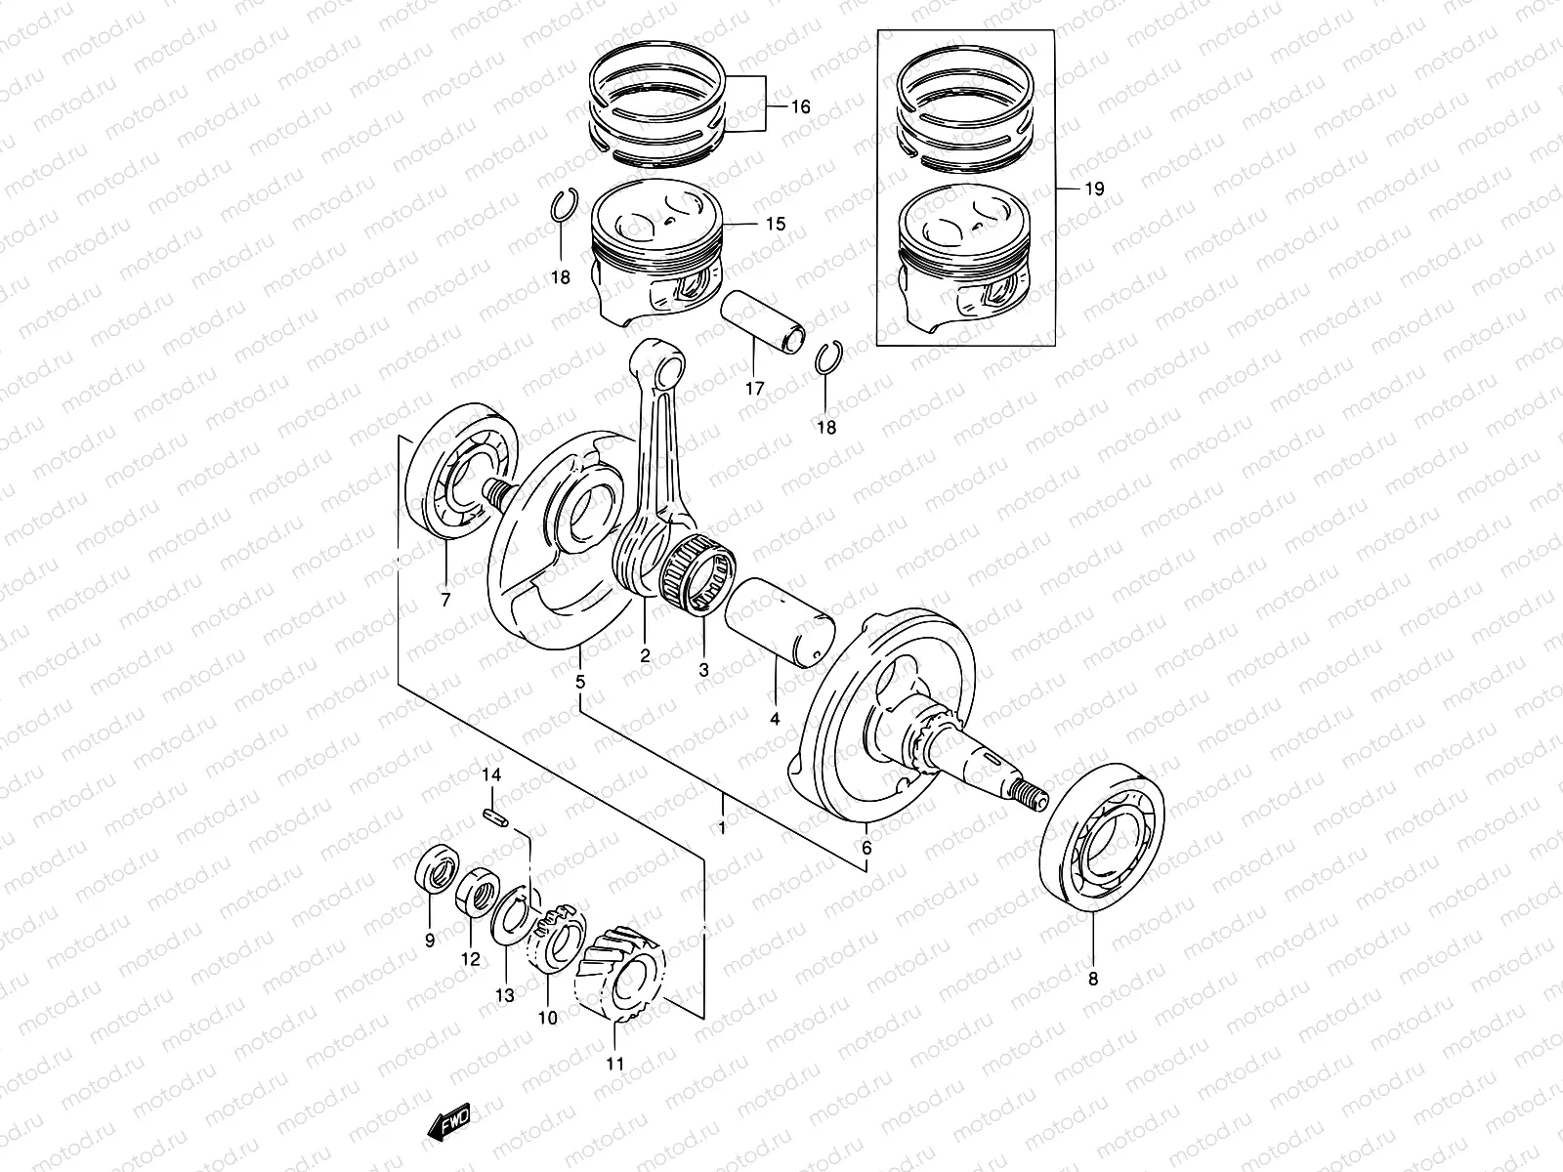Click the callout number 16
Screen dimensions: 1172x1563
point(800,107)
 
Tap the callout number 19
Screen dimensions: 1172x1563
point(1094,189)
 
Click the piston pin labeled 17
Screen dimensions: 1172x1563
point(764,323)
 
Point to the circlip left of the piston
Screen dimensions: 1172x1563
point(563,206)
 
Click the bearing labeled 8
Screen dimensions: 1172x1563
point(1106,840)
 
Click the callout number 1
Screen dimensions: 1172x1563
point(722,828)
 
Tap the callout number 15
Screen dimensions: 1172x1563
point(775,225)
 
